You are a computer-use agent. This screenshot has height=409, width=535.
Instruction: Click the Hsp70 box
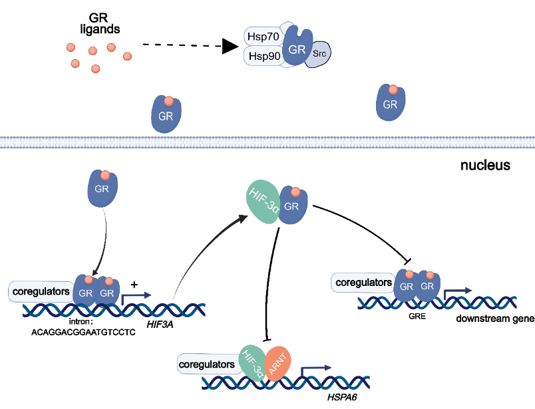click(x=262, y=37)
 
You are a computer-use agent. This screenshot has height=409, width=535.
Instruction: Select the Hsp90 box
click(x=262, y=56)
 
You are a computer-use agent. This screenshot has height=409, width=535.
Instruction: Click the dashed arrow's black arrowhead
click(x=230, y=46)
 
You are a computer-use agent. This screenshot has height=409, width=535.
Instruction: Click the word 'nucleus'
click(x=485, y=165)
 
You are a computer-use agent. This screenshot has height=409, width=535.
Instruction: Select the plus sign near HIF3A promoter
click(x=134, y=284)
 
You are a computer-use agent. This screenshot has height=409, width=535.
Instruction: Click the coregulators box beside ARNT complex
click(x=206, y=364)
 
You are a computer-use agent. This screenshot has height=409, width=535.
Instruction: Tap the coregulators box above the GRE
click(x=363, y=283)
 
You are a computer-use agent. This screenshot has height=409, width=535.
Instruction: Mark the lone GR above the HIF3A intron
click(x=102, y=188)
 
